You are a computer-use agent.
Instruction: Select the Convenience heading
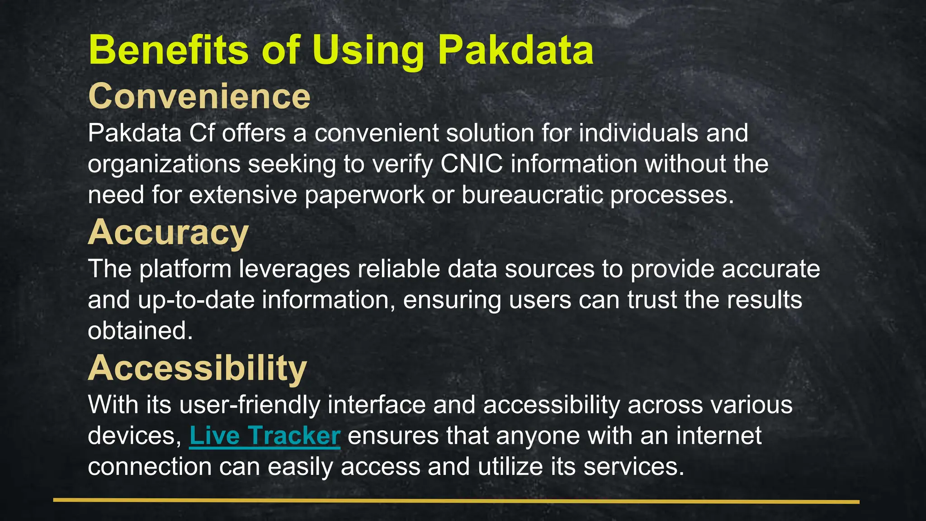(199, 96)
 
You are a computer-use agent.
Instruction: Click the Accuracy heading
(168, 232)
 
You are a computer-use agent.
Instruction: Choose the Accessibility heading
(197, 368)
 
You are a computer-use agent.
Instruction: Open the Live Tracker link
(265, 436)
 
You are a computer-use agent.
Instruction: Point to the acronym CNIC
(472, 164)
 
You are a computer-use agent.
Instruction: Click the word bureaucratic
(532, 195)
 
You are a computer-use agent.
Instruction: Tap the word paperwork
(364, 195)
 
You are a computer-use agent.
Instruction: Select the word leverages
(294, 269)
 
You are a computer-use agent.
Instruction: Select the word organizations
(164, 164)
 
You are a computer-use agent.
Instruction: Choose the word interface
(377, 404)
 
